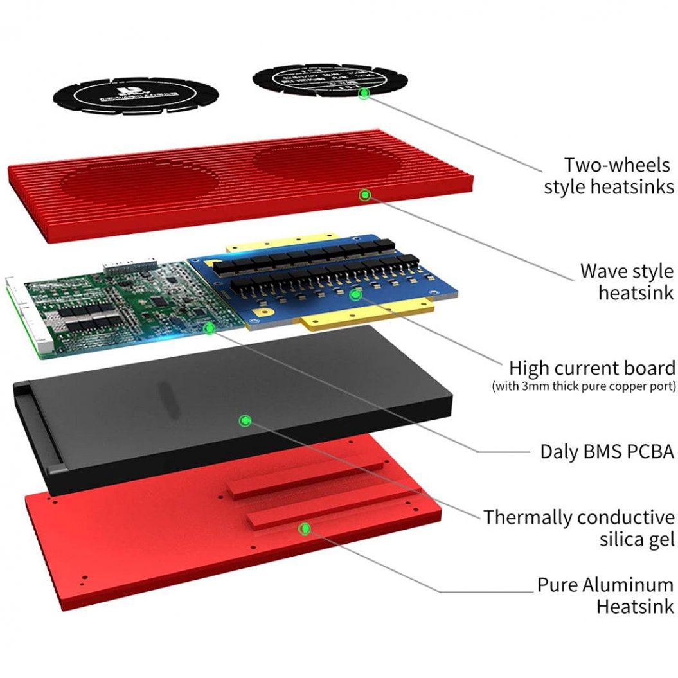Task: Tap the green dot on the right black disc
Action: pos(364,94)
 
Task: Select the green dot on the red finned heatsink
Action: pos(364,194)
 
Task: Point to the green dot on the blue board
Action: pos(354,295)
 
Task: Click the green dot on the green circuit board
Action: pos(209,328)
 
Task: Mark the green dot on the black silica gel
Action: pos(244,421)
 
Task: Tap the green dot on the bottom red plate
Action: pos(305,529)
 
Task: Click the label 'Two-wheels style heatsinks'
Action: pos(609,175)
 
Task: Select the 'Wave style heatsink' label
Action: pos(626,281)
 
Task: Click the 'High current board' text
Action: pos(591,368)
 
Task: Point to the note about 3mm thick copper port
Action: pos(584,387)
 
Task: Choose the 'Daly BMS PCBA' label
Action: pos(606,451)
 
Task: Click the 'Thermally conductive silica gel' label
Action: pos(579,528)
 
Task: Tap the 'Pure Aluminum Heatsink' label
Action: pos(605,595)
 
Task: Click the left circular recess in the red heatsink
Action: pos(139,183)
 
